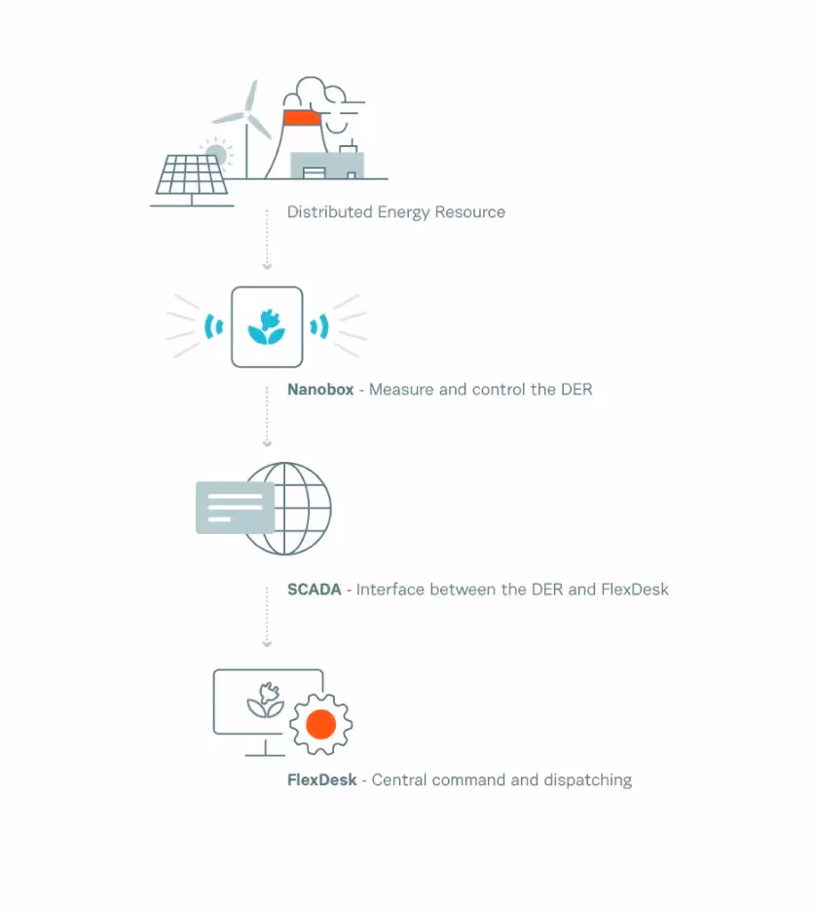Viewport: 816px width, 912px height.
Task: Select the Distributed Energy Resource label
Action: (395, 212)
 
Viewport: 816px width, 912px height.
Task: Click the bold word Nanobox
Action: (320, 390)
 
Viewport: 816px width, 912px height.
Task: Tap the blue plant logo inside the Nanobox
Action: (266, 327)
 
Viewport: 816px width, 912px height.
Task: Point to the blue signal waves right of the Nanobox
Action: (319, 326)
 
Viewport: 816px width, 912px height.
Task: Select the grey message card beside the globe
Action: (235, 507)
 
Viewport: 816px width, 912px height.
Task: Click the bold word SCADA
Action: (314, 589)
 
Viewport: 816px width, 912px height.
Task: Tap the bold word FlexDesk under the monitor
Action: (321, 780)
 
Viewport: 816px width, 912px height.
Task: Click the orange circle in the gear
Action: (320, 725)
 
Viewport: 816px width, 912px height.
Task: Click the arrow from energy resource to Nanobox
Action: (267, 240)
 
